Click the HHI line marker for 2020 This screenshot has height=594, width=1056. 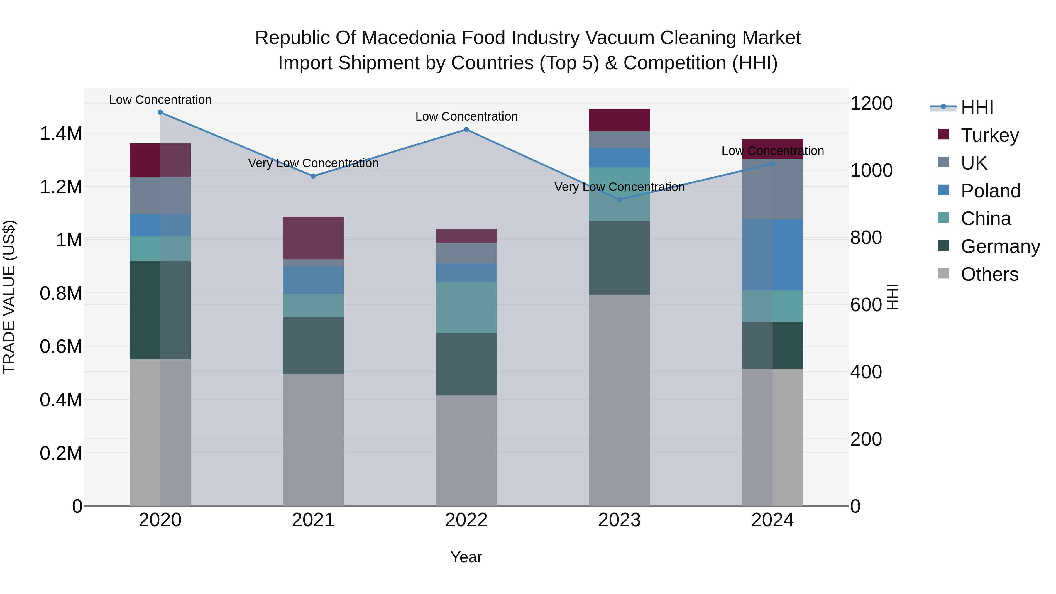(160, 112)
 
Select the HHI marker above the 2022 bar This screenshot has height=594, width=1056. (466, 130)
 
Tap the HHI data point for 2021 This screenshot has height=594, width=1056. (313, 176)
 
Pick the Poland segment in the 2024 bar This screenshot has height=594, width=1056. (772, 255)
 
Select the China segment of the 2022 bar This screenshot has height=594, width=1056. (466, 307)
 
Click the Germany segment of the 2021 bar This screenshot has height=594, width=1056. (313, 345)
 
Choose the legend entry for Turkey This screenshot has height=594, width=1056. (990, 135)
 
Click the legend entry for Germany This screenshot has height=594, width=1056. (1000, 246)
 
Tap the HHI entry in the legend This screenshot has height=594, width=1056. (977, 107)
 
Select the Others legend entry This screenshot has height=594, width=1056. (989, 274)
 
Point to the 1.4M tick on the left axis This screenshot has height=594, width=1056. (61, 134)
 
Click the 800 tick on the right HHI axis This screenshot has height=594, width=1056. (866, 238)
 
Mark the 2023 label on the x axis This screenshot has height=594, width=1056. (619, 520)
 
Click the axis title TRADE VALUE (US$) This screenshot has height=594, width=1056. (9, 297)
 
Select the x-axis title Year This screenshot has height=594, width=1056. (466, 557)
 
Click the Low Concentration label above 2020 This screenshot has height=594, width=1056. (160, 100)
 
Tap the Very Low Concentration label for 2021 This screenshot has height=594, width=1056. (313, 163)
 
